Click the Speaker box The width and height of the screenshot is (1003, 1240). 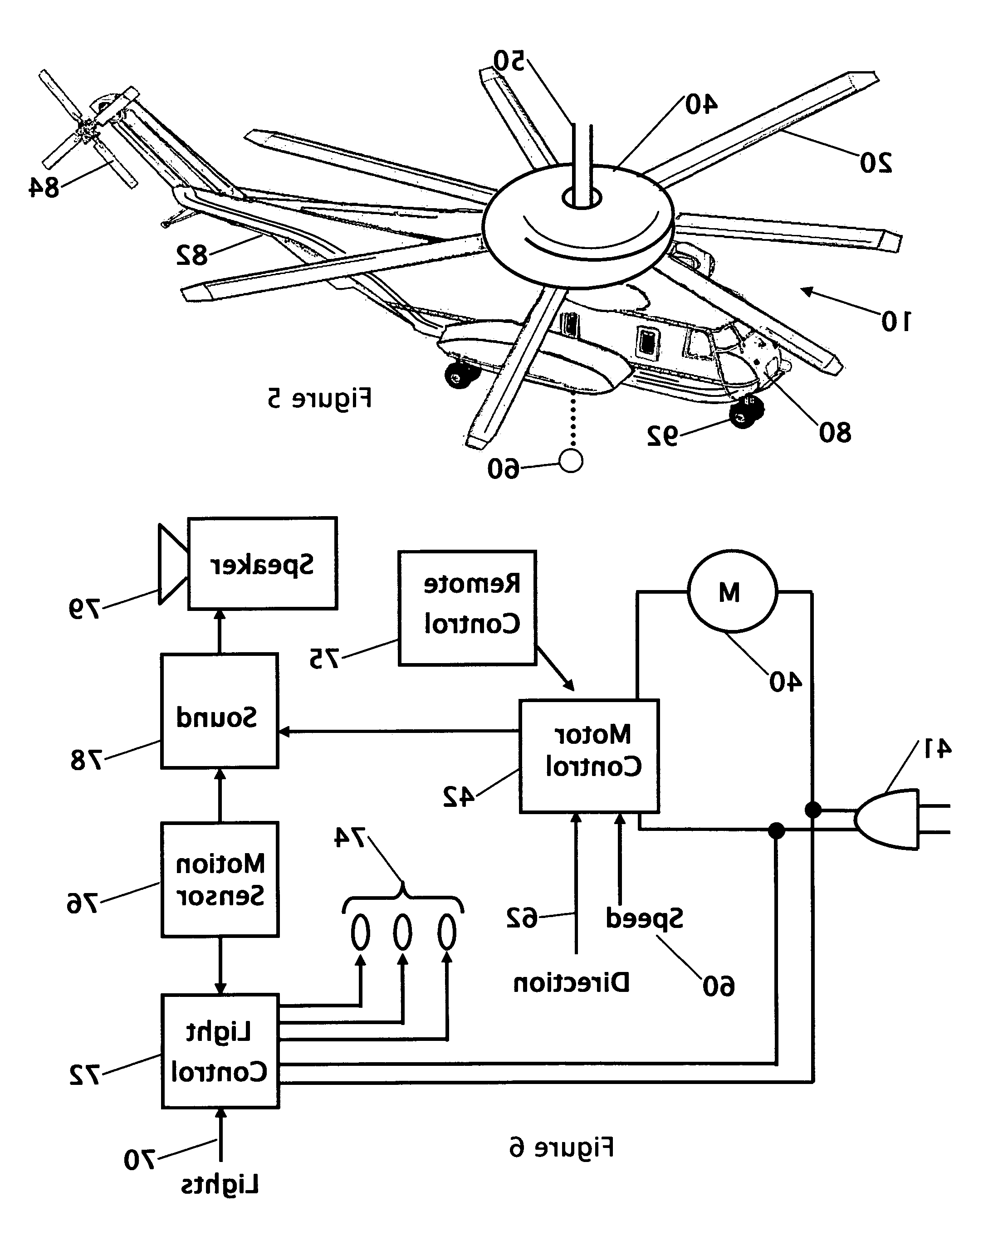[x=262, y=563]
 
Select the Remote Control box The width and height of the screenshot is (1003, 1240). [x=467, y=608]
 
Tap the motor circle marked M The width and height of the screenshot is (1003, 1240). [x=732, y=591]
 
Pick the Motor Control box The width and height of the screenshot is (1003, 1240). [x=589, y=756]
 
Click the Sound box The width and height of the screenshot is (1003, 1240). [x=219, y=711]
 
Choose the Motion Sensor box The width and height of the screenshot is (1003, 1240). [x=220, y=879]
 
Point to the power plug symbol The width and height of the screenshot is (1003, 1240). [x=901, y=819]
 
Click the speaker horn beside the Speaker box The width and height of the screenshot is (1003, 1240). [x=173, y=564]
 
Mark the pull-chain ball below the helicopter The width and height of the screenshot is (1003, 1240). [x=571, y=461]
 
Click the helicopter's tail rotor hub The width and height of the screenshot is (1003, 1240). [x=87, y=131]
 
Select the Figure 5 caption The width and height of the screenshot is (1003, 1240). [x=319, y=399]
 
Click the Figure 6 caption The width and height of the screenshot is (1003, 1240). [x=561, y=1147]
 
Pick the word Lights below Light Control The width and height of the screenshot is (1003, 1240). [x=220, y=1185]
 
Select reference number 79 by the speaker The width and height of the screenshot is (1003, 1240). [x=84, y=609]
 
